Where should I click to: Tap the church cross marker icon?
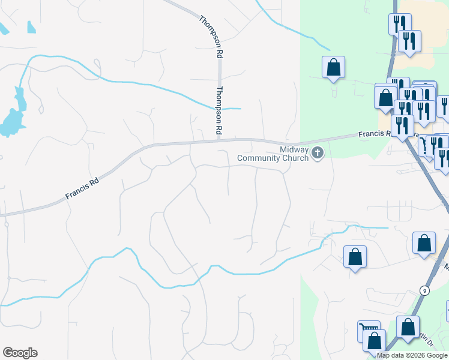point(318,154)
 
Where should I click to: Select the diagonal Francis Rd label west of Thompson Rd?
point(81,188)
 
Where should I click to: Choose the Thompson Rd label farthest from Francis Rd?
point(212,36)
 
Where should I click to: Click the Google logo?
point(20,353)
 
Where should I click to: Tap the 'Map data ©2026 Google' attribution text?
point(412,355)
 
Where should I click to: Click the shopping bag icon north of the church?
point(333,67)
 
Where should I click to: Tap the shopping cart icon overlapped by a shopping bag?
point(367,329)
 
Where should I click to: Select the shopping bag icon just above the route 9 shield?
point(424,243)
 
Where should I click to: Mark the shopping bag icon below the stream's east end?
point(355,256)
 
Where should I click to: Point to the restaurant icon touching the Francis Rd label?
point(401,125)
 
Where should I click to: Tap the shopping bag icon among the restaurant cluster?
point(386,97)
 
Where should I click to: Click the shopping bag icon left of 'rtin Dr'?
point(408,327)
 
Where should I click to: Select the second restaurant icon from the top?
point(409,41)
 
